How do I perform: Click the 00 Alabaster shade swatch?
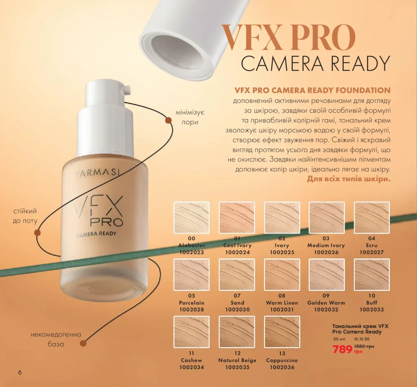[191, 218]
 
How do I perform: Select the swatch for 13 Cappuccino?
[282, 332]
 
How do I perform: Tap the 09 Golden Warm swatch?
[327, 275]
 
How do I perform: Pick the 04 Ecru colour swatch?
[372, 218]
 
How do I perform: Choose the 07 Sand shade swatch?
[237, 275]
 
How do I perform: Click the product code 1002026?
[326, 253]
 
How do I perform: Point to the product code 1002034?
[191, 367]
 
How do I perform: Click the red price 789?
[342, 349]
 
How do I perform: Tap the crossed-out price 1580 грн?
[364, 347]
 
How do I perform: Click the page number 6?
[20, 372]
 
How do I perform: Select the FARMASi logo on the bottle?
[97, 173]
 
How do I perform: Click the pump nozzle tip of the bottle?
[127, 89]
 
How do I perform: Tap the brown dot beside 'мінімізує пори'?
[168, 121]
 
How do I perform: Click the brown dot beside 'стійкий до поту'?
[37, 233]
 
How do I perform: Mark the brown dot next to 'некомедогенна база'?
[83, 343]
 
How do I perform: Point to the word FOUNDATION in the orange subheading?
[363, 90]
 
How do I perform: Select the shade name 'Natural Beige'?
[237, 361]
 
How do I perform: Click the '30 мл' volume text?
[339, 339]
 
